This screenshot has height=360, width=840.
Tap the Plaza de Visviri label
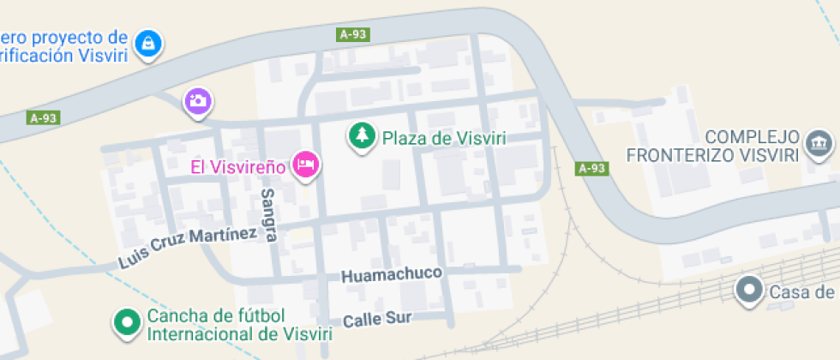point(444,138)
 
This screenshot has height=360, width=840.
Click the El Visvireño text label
point(237,166)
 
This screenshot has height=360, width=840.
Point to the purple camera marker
point(198,100)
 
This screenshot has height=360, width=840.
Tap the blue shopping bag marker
point(148,42)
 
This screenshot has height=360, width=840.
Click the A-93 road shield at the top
point(353,35)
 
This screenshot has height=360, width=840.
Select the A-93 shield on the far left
point(45,118)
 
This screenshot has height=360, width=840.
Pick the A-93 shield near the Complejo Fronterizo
point(591,168)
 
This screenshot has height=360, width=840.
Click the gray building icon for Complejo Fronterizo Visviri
point(820,143)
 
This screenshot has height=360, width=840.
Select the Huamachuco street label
point(392,275)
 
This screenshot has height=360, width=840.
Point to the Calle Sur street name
point(377,320)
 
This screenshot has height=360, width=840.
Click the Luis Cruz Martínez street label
point(189,248)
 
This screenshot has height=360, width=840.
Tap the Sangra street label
point(268,215)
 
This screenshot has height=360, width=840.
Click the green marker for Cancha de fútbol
point(129,322)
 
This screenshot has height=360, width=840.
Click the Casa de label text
point(802,293)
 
